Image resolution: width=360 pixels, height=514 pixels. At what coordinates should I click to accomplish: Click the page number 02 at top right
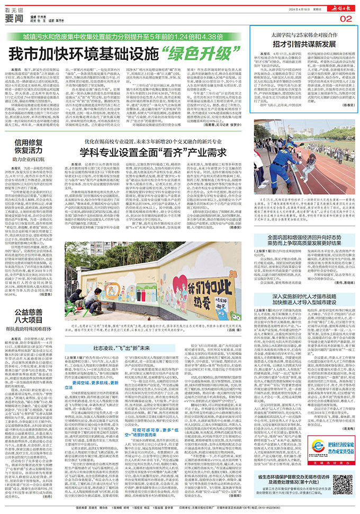pyautogui.click(x=346, y=19)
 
